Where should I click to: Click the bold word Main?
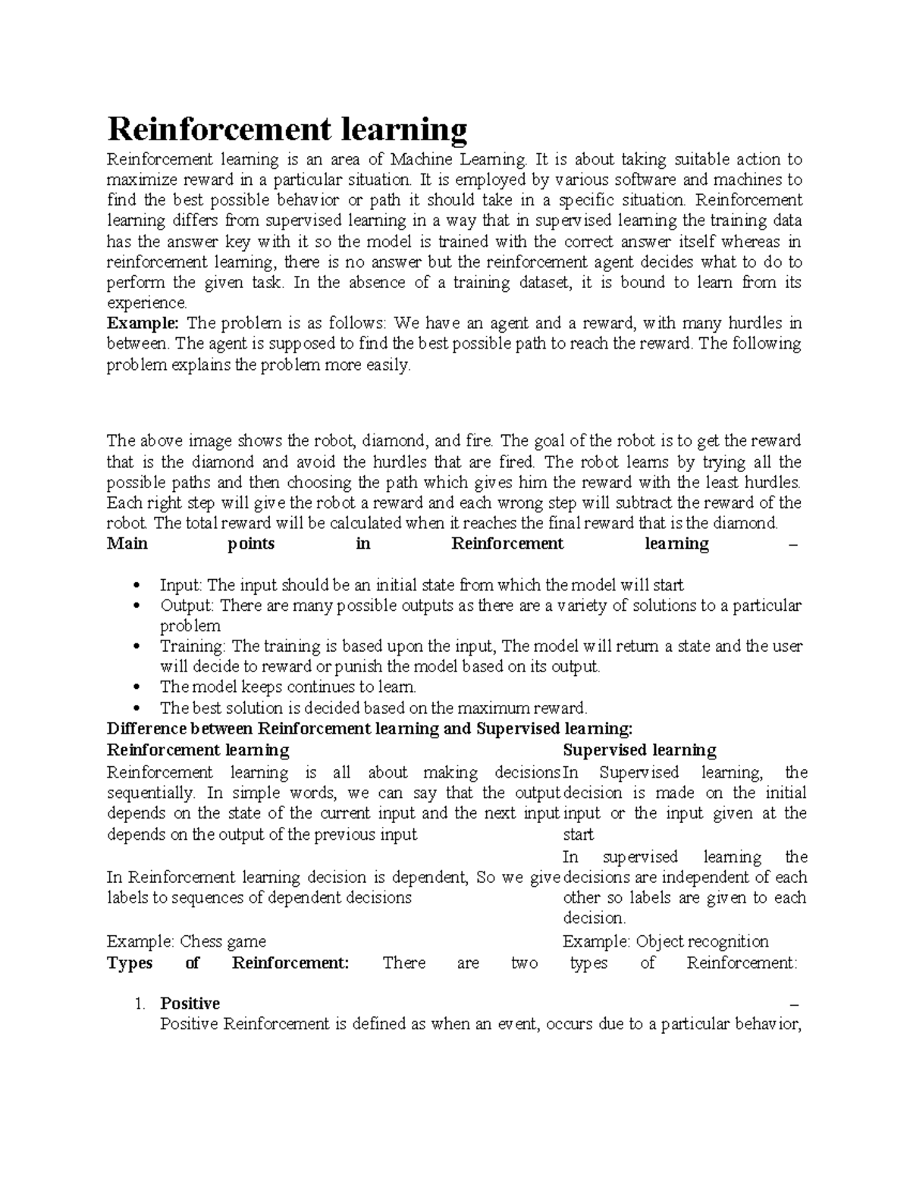click(x=127, y=543)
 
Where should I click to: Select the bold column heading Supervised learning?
click(x=639, y=750)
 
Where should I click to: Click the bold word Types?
click(x=130, y=963)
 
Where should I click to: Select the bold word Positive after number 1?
click(x=190, y=1003)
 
